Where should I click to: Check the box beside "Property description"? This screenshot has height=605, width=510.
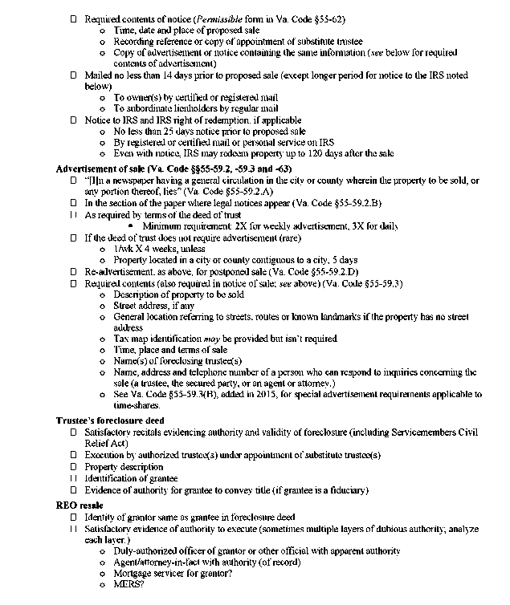coord(74,466)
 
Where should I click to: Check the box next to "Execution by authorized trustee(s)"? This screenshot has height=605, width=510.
coord(74,455)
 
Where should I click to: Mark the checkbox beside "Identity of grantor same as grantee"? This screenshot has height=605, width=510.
coord(74,517)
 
